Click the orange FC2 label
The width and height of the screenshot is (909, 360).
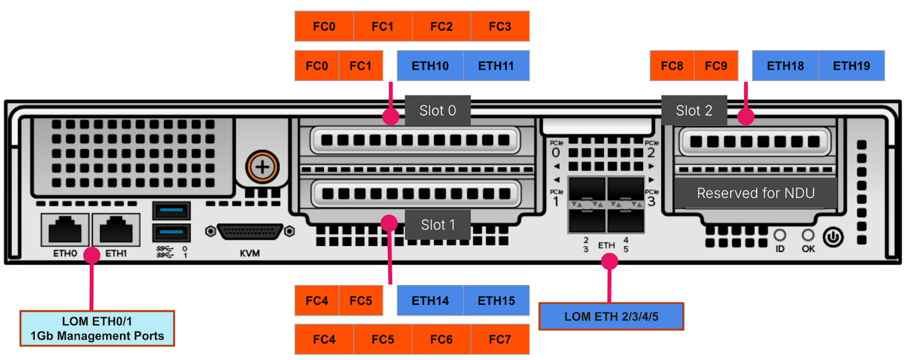[x=441, y=27]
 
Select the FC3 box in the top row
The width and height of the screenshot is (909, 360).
[x=500, y=27]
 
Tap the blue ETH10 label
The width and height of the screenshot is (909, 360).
[x=430, y=66]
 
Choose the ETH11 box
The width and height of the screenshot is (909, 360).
[x=496, y=66]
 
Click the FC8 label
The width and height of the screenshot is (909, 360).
[x=672, y=66]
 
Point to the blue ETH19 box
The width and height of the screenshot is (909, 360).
[x=851, y=66]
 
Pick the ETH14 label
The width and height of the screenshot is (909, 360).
[x=430, y=301]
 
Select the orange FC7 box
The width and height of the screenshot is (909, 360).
[x=500, y=340]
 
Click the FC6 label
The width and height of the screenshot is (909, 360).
[x=441, y=340]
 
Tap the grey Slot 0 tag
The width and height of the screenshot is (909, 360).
[x=437, y=111]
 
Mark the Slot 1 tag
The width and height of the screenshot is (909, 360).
[x=437, y=225]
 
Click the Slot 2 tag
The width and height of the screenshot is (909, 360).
[x=694, y=111]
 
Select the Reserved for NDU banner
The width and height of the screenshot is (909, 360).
[x=756, y=194]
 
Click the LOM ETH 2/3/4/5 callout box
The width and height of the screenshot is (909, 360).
[x=611, y=317]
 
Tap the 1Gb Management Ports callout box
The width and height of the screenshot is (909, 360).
[x=97, y=329]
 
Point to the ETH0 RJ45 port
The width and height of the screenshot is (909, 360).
[x=65, y=230]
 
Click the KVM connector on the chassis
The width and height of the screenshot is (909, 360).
[x=250, y=232]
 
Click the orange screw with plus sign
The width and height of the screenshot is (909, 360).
[x=262, y=167]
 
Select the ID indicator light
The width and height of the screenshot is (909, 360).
[x=779, y=235]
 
